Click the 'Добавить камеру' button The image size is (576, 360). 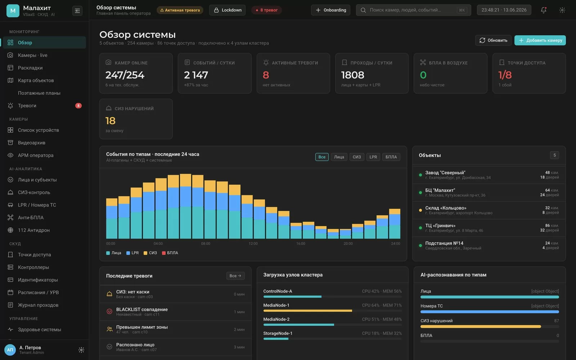coord(540,40)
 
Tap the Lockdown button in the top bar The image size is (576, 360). coord(227,10)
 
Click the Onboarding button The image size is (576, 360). coord(330,10)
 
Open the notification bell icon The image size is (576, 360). coord(543,10)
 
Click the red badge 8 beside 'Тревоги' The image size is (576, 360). coord(78,106)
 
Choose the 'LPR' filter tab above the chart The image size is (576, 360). coord(373,157)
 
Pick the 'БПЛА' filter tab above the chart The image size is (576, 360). coord(391,157)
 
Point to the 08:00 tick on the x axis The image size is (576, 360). coord(206,243)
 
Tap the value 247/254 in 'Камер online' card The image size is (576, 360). coord(125,75)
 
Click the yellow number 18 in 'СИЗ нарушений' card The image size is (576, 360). coord(110,121)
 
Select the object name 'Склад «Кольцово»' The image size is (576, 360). coord(446,208)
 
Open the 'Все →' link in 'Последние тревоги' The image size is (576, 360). coord(235,276)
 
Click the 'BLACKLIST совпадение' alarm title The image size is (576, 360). coord(142,309)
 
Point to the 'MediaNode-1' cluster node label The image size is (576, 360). coord(276,305)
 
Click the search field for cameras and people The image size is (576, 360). coord(413,10)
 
